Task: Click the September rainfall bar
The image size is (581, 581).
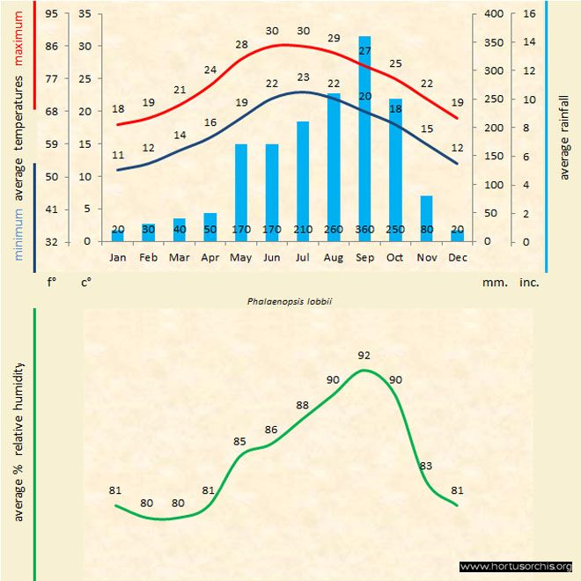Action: [x=364, y=132]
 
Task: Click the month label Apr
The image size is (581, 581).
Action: [x=210, y=258]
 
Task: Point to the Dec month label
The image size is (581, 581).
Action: [x=457, y=258]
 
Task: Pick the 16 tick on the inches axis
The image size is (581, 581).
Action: [x=529, y=13]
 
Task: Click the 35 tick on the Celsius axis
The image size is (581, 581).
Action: [x=85, y=13]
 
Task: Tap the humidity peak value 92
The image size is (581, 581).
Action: [x=364, y=356]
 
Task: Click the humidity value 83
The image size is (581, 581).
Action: [x=426, y=466]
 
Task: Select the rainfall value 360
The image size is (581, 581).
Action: [x=364, y=230]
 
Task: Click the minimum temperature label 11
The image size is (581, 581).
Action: [x=118, y=156]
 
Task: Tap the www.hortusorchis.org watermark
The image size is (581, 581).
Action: [x=516, y=566]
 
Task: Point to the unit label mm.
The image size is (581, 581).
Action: [x=493, y=283]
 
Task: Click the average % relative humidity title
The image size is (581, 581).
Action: [x=18, y=440]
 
